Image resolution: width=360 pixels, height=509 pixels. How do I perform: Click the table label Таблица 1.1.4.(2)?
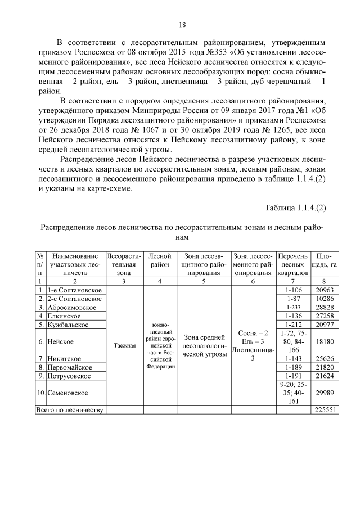295,208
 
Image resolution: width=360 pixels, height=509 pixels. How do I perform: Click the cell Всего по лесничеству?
70,411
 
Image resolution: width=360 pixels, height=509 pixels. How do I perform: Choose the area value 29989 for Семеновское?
326,393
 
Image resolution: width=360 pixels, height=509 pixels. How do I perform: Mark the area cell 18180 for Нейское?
326,341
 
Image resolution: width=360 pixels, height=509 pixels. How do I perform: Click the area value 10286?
326,299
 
